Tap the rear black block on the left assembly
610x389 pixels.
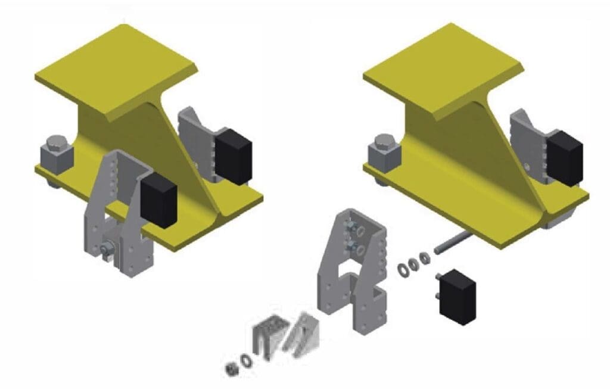click(x=234, y=154)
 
